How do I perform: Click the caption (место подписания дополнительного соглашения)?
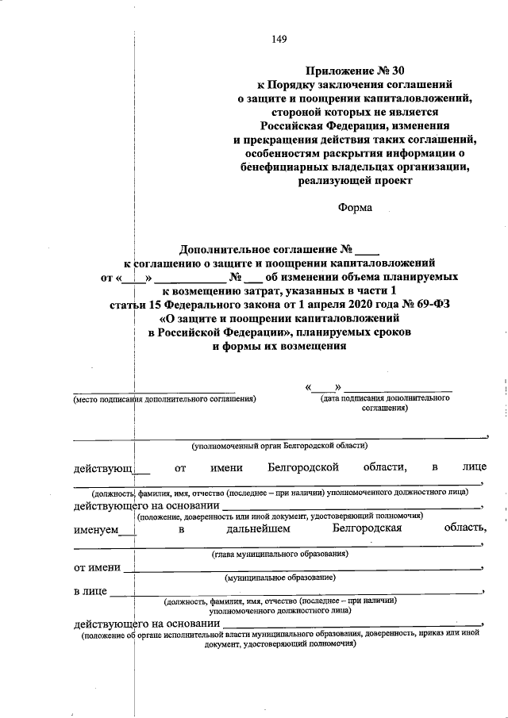click(164, 399)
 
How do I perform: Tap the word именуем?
click(95, 528)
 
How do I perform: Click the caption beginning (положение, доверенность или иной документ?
click(278, 516)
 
